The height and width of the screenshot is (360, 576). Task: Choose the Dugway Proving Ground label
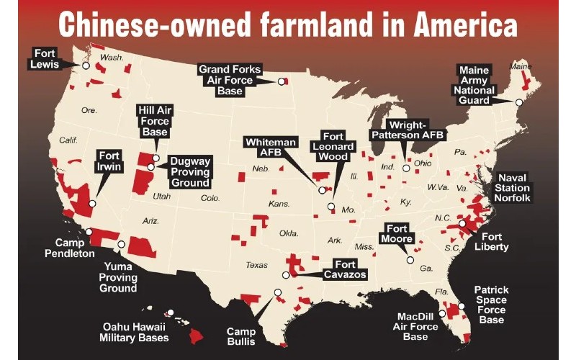189,172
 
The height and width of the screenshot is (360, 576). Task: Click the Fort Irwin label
110,163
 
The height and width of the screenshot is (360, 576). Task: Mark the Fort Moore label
397,234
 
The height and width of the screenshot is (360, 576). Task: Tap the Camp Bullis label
240,336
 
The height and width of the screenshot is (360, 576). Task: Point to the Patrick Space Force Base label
491,305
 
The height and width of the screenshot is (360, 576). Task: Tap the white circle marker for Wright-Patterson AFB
406,168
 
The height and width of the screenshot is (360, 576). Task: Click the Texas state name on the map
256,265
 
